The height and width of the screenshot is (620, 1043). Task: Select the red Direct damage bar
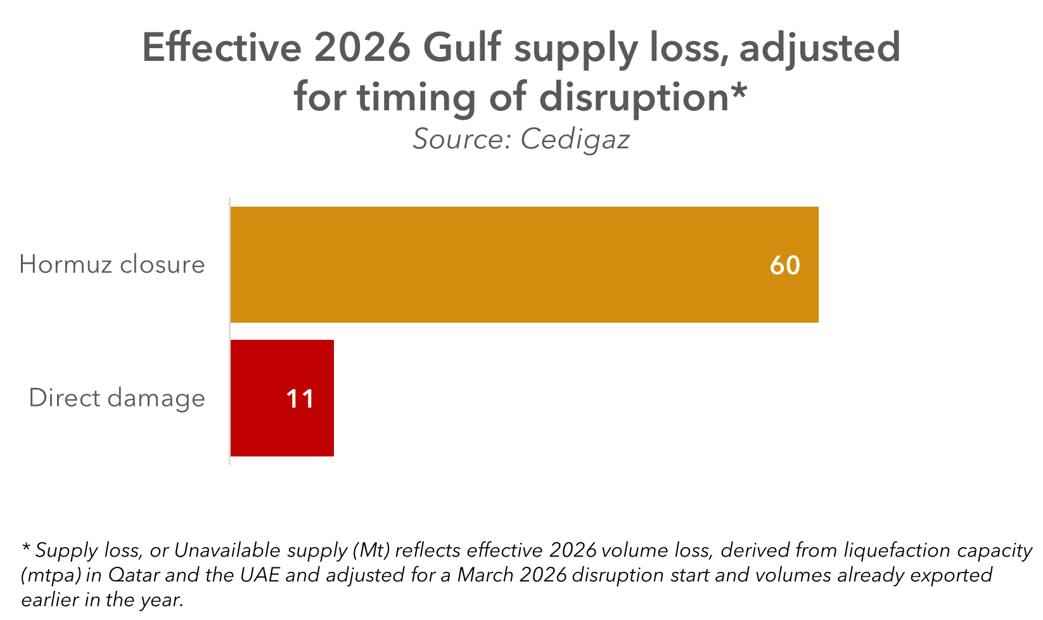click(281, 398)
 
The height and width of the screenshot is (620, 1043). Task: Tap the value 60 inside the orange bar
click(784, 265)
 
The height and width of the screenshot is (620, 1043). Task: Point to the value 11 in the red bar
click(300, 399)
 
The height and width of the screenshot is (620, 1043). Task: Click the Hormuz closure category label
click(112, 264)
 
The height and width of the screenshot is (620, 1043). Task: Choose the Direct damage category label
click(117, 398)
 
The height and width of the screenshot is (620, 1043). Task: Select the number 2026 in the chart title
click(363, 48)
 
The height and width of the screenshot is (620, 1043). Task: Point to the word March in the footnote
click(485, 575)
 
